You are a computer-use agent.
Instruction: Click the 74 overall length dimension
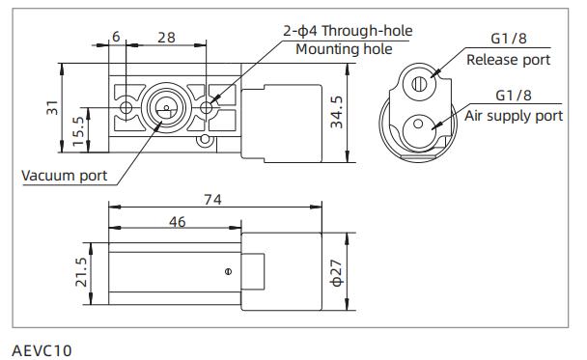212,200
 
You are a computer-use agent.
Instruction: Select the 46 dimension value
178,222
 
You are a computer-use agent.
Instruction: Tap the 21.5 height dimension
81,272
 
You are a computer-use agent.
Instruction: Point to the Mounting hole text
344,49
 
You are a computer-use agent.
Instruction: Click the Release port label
508,60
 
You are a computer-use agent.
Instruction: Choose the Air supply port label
514,116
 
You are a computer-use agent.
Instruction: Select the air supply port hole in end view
420,128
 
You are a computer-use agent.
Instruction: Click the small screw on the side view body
227,272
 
